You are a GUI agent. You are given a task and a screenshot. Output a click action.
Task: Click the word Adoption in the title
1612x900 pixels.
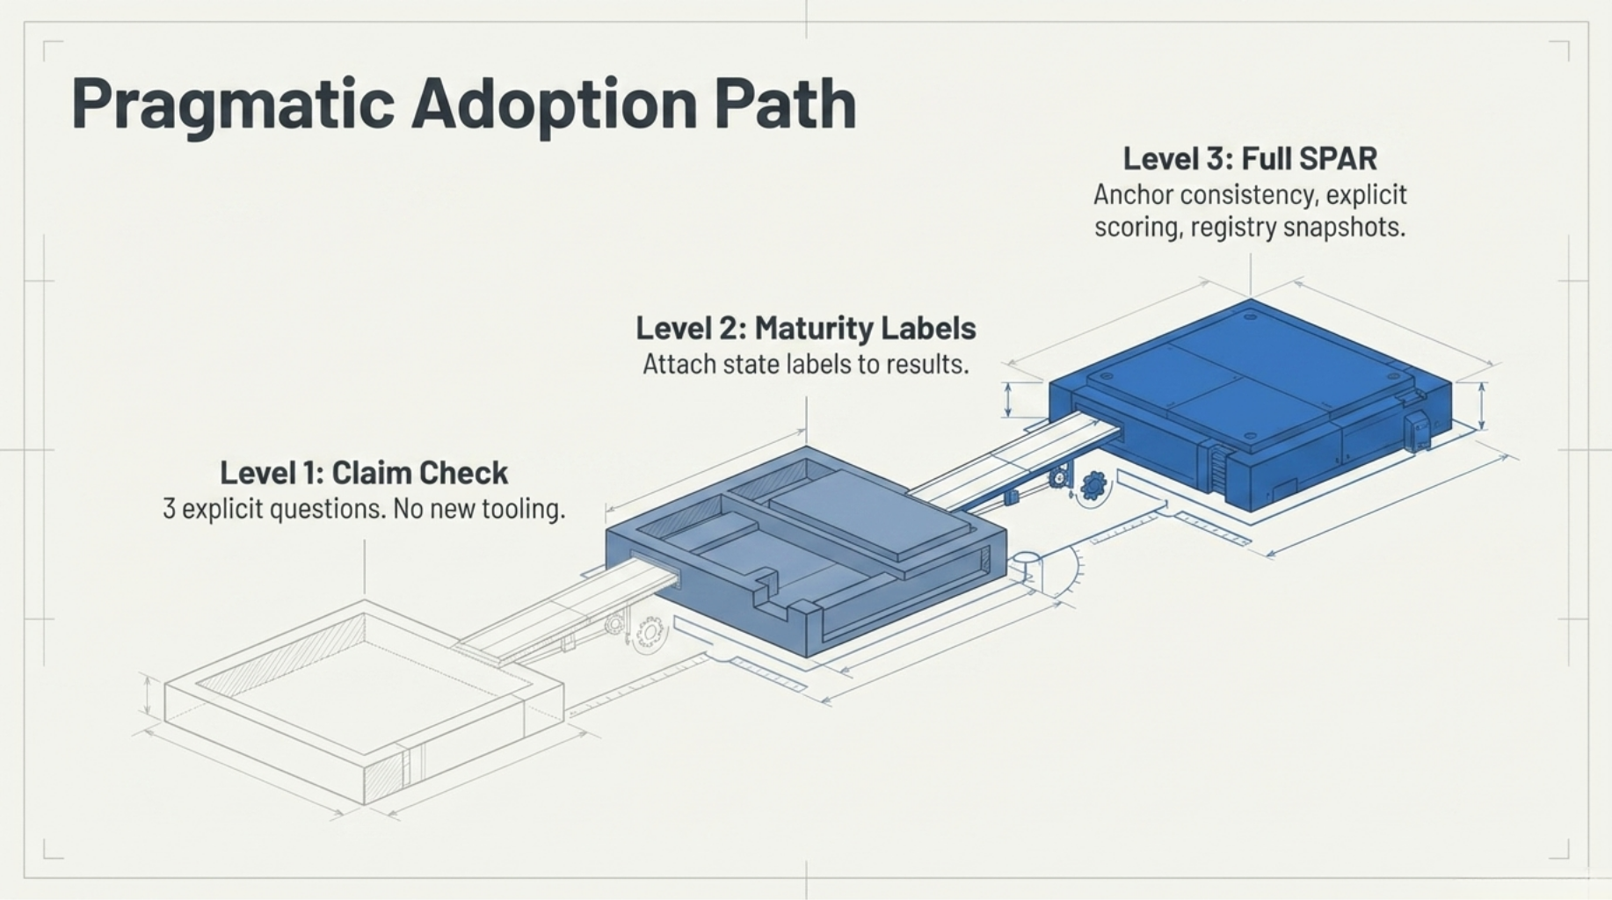(554, 105)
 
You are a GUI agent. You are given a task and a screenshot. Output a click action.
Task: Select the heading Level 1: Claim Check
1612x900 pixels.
(363, 473)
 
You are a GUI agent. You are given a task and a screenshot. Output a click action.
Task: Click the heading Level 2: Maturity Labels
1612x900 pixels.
(805, 329)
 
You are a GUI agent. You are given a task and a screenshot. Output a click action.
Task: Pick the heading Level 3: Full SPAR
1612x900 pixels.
(1250, 159)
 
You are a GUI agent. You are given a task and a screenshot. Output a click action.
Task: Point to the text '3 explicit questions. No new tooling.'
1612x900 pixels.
(363, 509)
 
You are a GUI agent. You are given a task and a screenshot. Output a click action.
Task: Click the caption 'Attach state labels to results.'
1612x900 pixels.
(805, 364)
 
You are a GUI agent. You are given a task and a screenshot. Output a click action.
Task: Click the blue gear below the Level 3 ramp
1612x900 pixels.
(1094, 484)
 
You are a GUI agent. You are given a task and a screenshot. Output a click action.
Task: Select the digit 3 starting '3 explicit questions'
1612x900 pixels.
(169, 509)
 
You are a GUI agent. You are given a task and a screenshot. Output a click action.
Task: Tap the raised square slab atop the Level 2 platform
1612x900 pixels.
(870, 514)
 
